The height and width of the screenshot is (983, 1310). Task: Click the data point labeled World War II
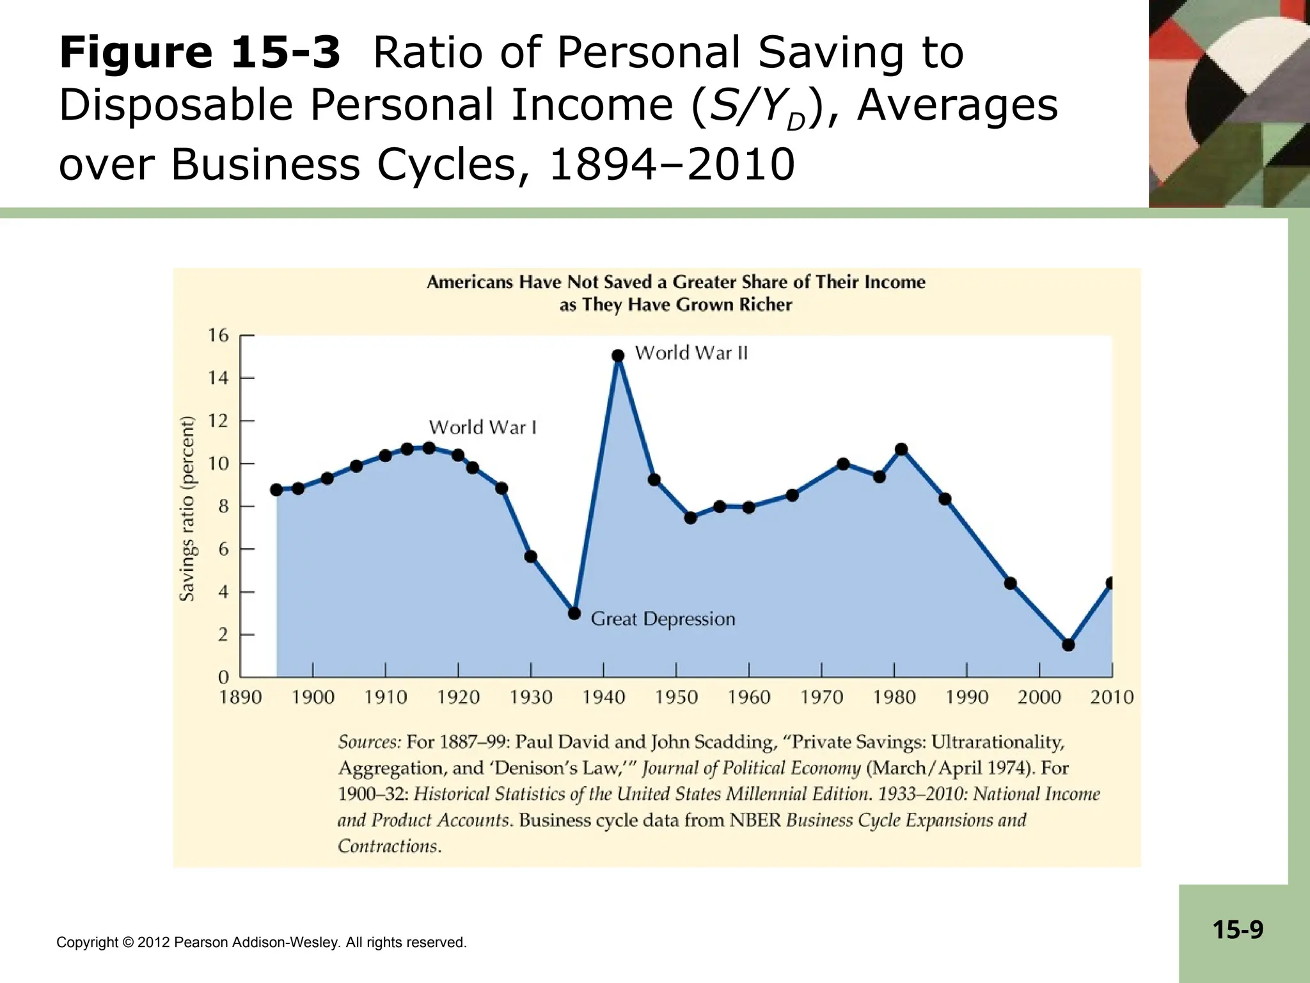click(618, 356)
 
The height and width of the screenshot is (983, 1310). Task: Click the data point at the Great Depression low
click(574, 613)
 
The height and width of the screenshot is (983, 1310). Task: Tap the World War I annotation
click(482, 428)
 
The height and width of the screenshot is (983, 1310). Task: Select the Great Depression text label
click(663, 619)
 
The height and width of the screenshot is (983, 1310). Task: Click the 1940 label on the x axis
click(603, 698)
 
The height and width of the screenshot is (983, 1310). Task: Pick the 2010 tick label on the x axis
click(1112, 698)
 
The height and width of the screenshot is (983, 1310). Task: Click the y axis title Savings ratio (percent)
click(187, 509)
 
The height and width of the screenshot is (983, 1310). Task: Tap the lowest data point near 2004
click(1068, 644)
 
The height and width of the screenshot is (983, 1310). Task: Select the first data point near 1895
click(276, 490)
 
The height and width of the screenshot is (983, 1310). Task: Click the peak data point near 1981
click(901, 449)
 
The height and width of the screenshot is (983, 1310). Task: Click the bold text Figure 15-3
click(200, 52)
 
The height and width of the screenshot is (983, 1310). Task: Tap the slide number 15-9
click(1238, 929)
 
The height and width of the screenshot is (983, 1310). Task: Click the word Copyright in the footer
click(87, 943)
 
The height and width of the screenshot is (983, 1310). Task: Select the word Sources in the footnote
click(369, 742)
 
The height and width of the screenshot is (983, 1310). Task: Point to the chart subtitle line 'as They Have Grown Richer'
click(675, 305)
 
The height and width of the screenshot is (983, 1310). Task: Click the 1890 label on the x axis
click(241, 698)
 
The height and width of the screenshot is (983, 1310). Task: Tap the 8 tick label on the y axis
click(223, 506)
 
